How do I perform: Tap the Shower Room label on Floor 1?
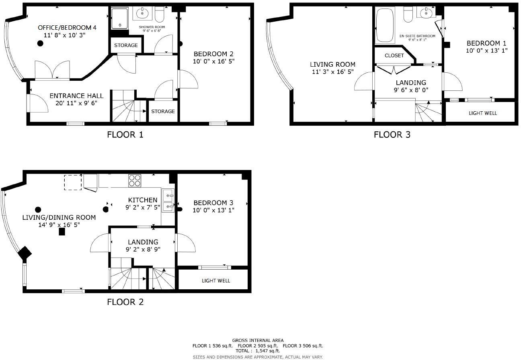(x=152, y=27)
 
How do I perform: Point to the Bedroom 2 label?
(x=213, y=54)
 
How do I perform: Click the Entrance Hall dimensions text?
(x=76, y=103)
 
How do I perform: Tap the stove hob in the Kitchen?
(x=134, y=180)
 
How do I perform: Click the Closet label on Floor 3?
(x=394, y=55)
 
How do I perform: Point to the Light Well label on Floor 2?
(x=216, y=280)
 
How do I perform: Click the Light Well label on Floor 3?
(x=482, y=113)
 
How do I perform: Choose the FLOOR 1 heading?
(x=125, y=135)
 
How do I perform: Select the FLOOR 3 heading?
(x=392, y=135)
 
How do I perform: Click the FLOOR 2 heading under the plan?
(x=125, y=302)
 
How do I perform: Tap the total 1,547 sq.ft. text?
(x=258, y=351)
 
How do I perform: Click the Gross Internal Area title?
(x=258, y=340)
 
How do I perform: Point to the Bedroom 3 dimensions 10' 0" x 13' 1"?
(x=213, y=210)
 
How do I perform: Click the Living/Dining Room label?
(x=59, y=217)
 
